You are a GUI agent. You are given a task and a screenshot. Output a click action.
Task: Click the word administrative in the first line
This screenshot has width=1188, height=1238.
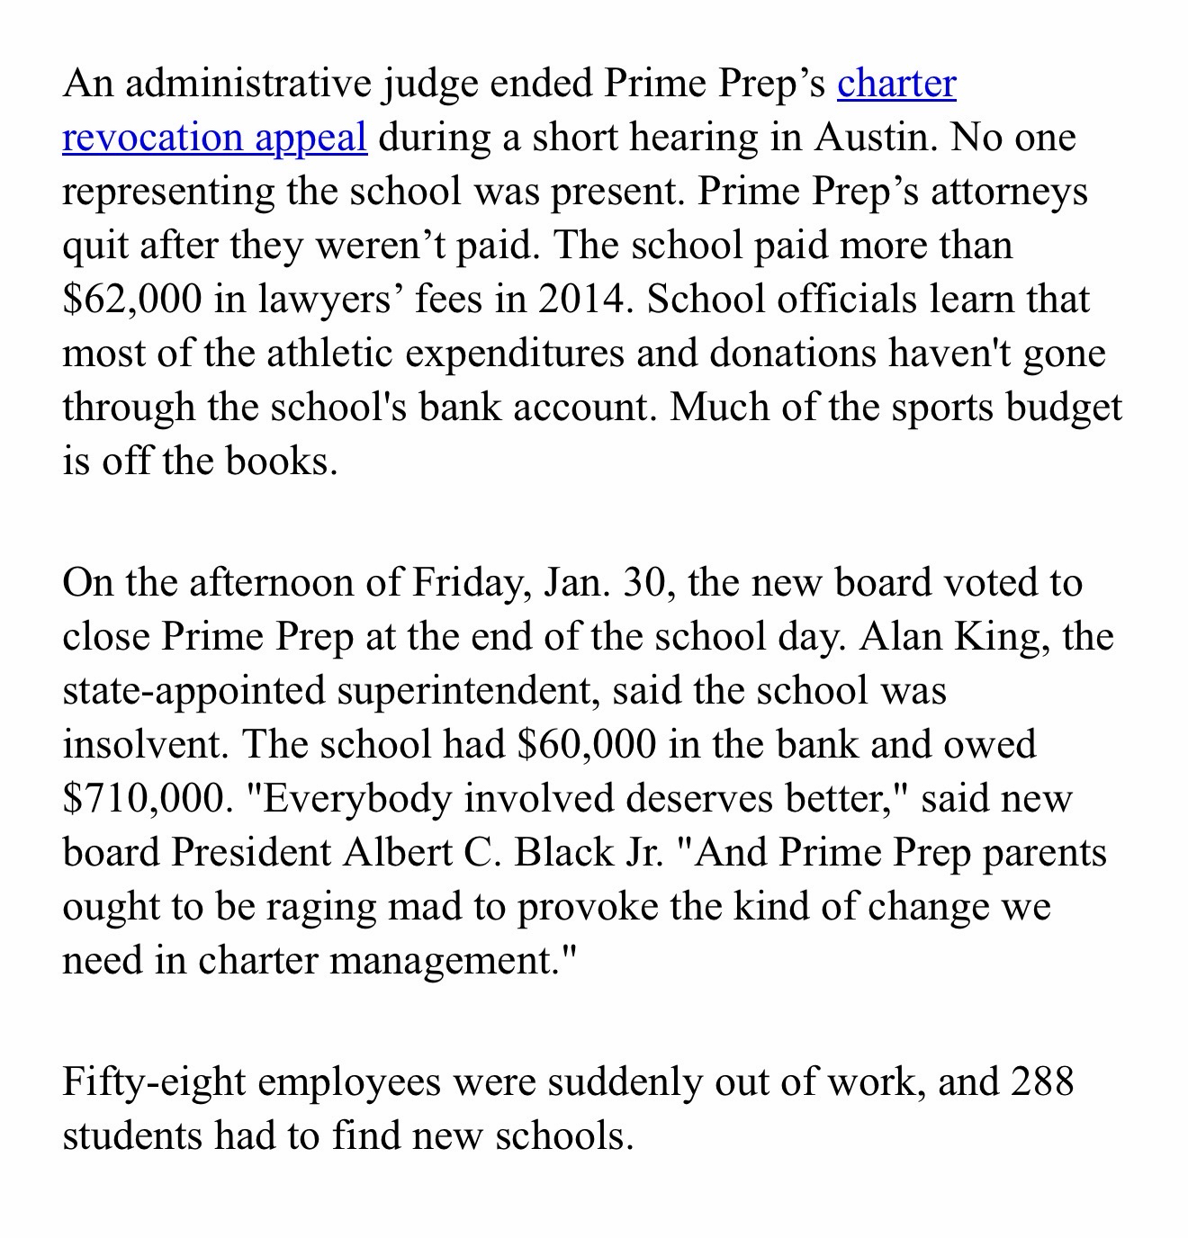click(x=247, y=84)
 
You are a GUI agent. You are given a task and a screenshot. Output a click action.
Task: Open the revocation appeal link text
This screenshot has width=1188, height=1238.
click(x=214, y=138)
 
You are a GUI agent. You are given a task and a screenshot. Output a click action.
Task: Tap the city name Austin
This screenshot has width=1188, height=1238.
click(x=871, y=138)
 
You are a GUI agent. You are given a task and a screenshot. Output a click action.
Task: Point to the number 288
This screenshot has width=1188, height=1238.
click(x=1042, y=1081)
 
